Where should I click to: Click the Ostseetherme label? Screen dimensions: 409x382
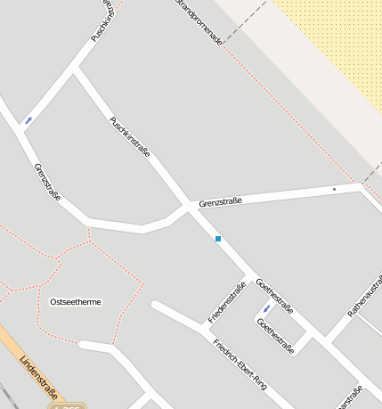pyautogui.click(x=76, y=302)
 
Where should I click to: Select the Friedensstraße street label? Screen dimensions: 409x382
pyautogui.click(x=226, y=302)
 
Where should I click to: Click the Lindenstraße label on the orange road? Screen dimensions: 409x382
pyautogui.click(x=38, y=377)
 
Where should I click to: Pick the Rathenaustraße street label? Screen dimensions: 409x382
pyautogui.click(x=365, y=295)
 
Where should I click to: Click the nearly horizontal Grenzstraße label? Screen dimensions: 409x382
pyautogui.click(x=221, y=202)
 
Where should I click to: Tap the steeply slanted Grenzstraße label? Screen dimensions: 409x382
pyautogui.click(x=47, y=181)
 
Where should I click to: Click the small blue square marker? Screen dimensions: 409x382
pyautogui.click(x=217, y=239)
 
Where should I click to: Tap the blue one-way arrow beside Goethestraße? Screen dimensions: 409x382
pyautogui.click(x=266, y=309)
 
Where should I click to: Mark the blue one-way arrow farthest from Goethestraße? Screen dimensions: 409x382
pyautogui.click(x=28, y=120)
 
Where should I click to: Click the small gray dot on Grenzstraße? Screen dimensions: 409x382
pyautogui.click(x=334, y=189)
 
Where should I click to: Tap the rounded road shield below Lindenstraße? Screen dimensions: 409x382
pyautogui.click(x=67, y=406)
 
